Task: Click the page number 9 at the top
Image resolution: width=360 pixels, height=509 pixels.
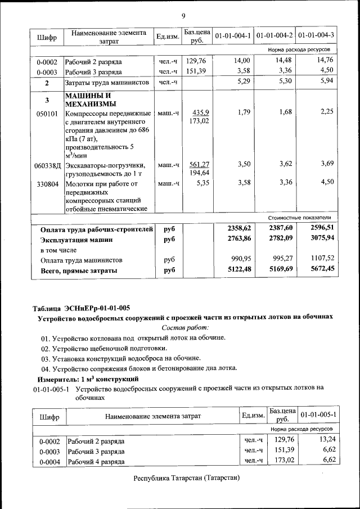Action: click(x=183, y=15)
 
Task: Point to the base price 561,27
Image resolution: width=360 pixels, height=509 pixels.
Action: click(x=199, y=165)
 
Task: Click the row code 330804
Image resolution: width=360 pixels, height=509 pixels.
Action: click(x=47, y=183)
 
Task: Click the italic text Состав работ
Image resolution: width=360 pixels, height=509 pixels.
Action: click(x=185, y=327)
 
